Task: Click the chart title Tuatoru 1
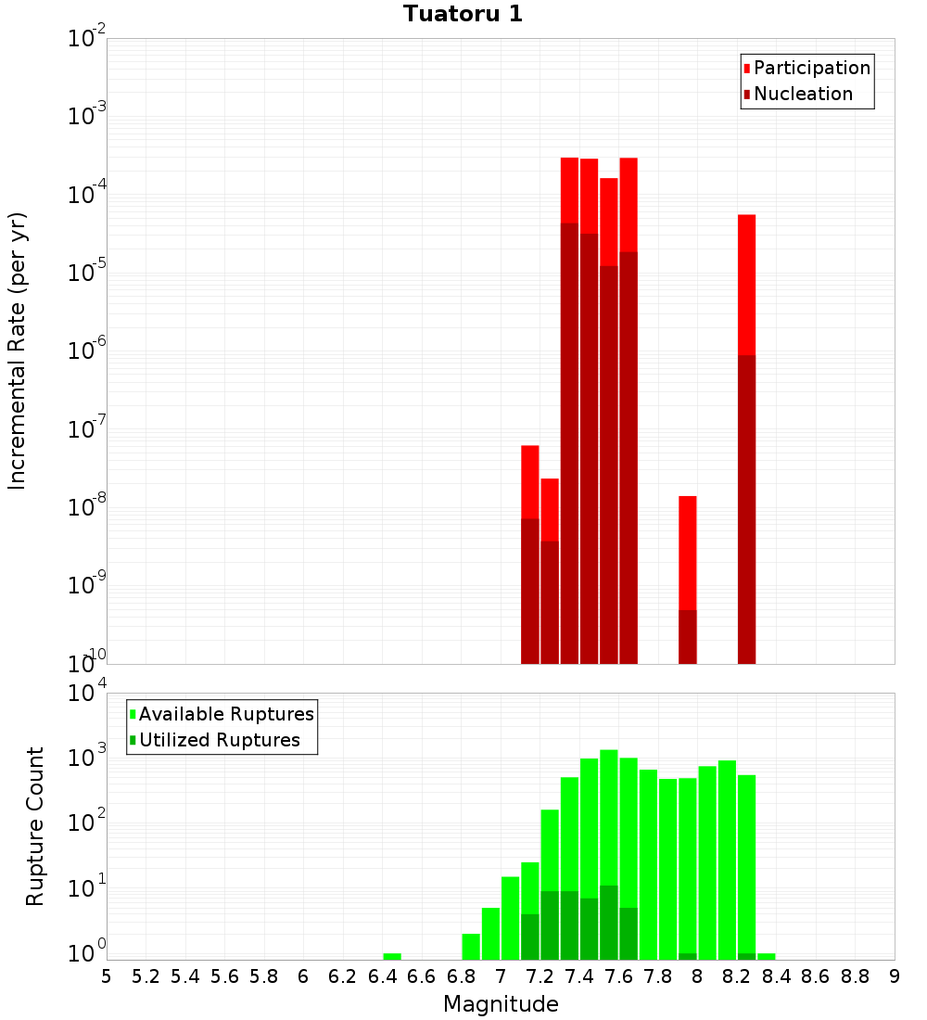pos(463,14)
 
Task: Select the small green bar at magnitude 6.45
pos(392,956)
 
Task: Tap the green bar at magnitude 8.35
pos(766,956)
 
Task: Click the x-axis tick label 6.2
pos(343,976)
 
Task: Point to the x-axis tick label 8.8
pos(855,976)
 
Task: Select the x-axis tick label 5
pos(107,976)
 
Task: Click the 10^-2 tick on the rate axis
pos(87,39)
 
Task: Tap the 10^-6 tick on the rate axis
pos(87,351)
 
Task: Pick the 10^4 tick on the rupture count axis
pos(87,693)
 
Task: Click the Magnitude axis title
pos(501,1004)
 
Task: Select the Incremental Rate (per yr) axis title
pos(18,351)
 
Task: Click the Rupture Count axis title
pos(35,826)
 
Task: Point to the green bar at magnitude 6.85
pos(470,946)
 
